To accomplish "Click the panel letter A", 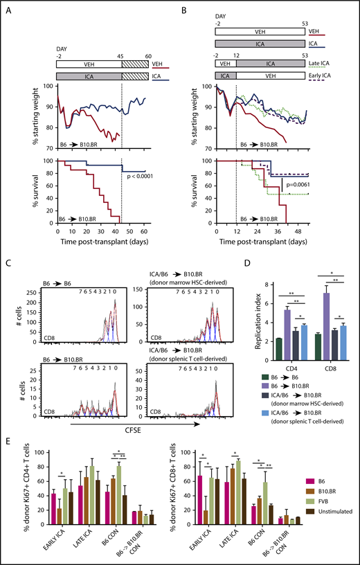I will (x=9, y=10).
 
